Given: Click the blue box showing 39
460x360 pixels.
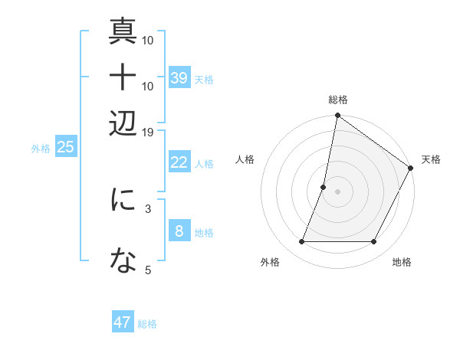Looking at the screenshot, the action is click(x=179, y=78).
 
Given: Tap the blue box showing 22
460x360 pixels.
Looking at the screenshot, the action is click(x=179, y=162).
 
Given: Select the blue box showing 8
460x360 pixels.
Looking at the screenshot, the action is click(x=179, y=231).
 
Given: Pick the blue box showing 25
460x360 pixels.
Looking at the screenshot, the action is click(x=65, y=147).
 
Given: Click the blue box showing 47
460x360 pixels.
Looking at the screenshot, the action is click(x=123, y=322).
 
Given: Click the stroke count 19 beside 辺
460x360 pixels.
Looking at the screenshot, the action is click(x=148, y=132).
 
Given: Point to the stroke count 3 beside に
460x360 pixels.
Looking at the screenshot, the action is click(x=148, y=208).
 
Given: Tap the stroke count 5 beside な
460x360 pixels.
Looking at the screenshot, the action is click(x=148, y=269).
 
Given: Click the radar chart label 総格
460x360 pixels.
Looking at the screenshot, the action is click(x=337, y=100).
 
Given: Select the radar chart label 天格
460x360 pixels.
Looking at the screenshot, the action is click(x=431, y=159).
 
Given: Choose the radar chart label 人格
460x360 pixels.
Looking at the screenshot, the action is click(x=245, y=159).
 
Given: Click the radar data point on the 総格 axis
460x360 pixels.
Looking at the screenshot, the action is click(x=337, y=116).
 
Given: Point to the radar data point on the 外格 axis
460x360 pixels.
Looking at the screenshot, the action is click(x=301, y=242).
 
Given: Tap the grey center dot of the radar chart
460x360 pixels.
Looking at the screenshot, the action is click(x=337, y=191).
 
